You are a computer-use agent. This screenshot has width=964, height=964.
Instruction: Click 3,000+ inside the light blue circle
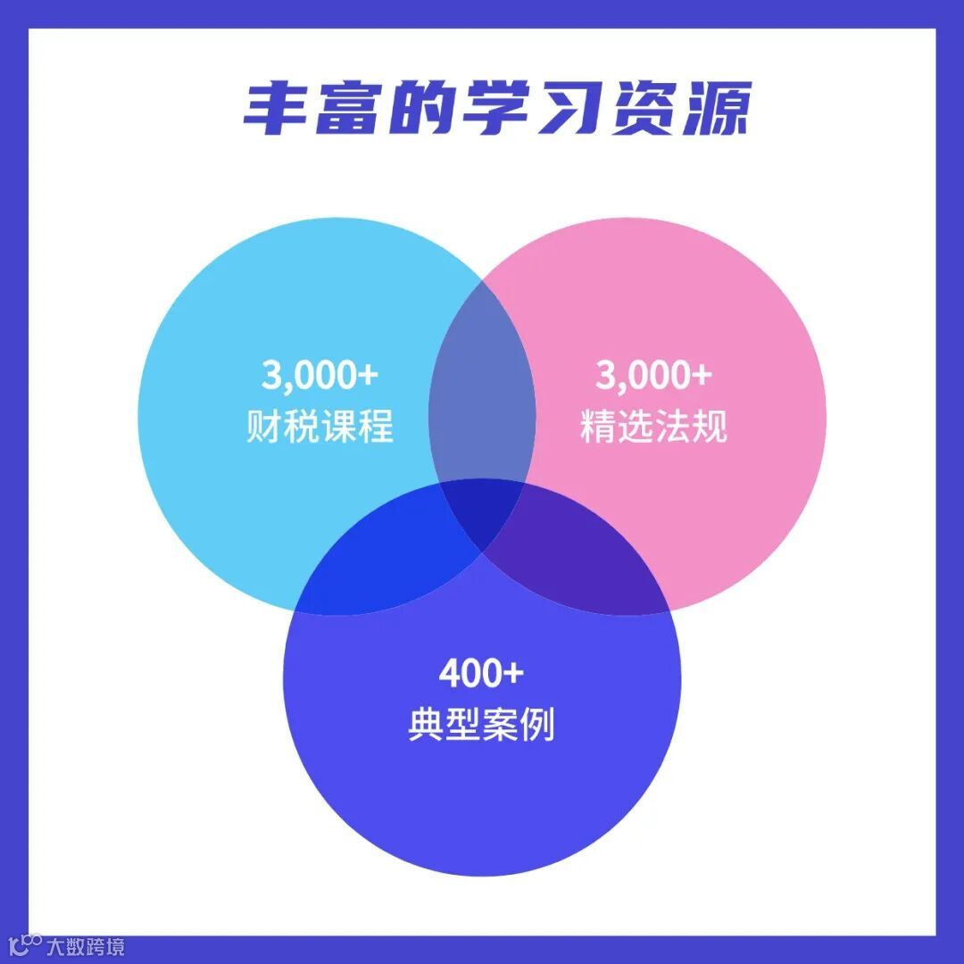click(320, 376)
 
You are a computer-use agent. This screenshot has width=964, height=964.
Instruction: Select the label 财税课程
click(320, 427)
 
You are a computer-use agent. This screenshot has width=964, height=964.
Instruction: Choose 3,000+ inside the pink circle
click(653, 376)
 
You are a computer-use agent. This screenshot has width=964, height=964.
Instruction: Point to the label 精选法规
click(653, 427)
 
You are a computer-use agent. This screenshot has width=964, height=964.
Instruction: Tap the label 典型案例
click(481, 725)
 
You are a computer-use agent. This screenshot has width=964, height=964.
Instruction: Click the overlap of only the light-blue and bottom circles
click(384, 553)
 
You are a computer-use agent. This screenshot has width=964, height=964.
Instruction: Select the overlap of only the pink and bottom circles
click(580, 553)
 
